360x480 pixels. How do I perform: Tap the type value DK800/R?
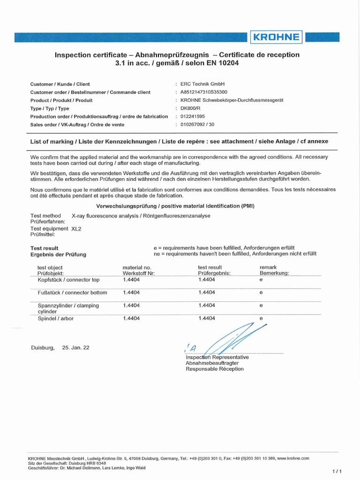click(190, 108)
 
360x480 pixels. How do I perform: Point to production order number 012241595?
click(193, 116)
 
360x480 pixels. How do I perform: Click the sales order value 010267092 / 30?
click(199, 125)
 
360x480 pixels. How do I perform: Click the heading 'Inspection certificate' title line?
click(177, 55)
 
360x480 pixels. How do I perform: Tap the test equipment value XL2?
click(76, 229)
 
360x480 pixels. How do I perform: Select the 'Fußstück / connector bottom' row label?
click(72, 292)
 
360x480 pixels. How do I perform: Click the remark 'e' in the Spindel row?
click(261, 319)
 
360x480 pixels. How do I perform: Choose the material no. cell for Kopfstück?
click(131, 280)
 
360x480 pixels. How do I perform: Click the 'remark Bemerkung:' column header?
click(274, 270)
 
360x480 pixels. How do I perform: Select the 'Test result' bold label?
click(45, 248)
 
